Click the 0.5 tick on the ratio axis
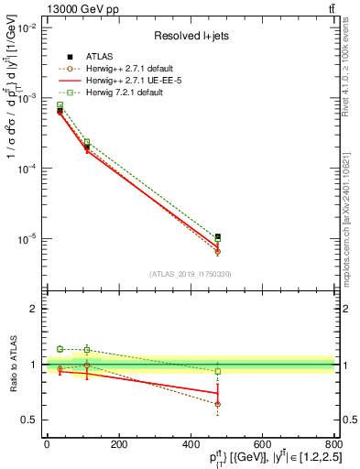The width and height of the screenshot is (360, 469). pos(27,420)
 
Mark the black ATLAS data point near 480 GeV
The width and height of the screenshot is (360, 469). pos(217,237)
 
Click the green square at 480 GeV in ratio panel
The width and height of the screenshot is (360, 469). pos(217,371)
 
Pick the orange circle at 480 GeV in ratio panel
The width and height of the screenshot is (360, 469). pos(217,403)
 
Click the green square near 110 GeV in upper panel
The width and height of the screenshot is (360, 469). pos(87,142)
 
